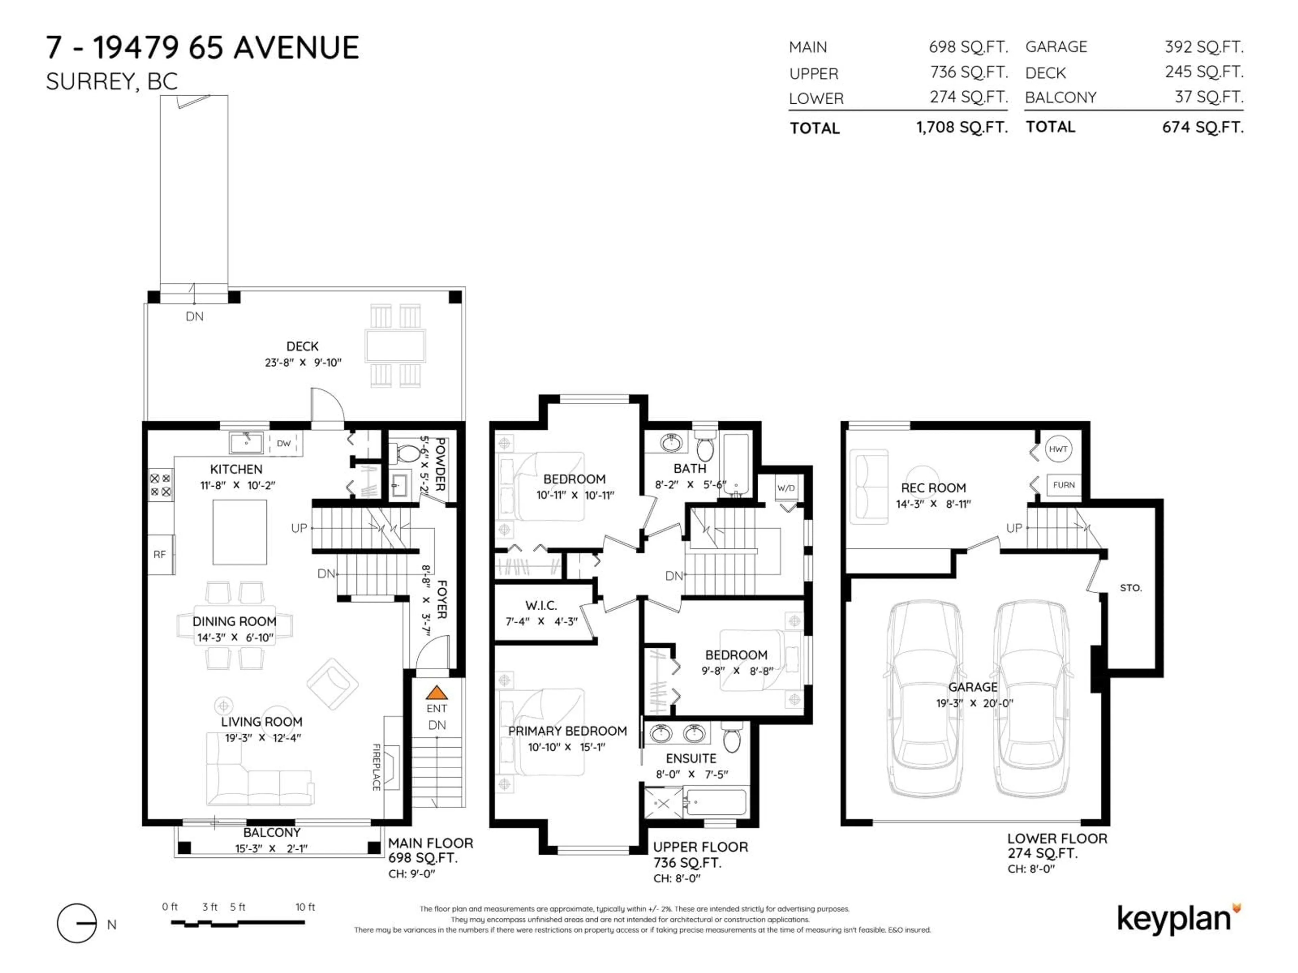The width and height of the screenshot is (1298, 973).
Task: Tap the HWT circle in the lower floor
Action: pos(1058,449)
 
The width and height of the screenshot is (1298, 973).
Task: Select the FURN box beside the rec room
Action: pos(1063,485)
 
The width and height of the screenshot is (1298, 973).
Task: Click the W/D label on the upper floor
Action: pos(786,488)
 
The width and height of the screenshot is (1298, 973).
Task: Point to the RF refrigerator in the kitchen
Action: pos(160,554)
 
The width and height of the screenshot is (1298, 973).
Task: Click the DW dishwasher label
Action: pos(284,443)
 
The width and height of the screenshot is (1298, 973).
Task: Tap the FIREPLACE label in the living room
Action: pos(376,767)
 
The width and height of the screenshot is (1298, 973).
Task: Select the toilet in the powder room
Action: pos(407,453)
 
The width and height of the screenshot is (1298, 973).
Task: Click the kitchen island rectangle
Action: pos(239,532)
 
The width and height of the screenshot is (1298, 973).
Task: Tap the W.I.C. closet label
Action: pos(541,605)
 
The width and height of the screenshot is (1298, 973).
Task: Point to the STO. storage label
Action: pos(1130,588)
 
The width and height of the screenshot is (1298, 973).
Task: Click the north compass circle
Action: pos(76,924)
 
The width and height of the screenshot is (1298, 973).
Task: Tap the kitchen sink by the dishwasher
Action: pos(246,443)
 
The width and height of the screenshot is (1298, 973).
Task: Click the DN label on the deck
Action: pos(194,317)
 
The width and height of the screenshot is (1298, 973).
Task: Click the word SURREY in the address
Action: pos(91,81)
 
